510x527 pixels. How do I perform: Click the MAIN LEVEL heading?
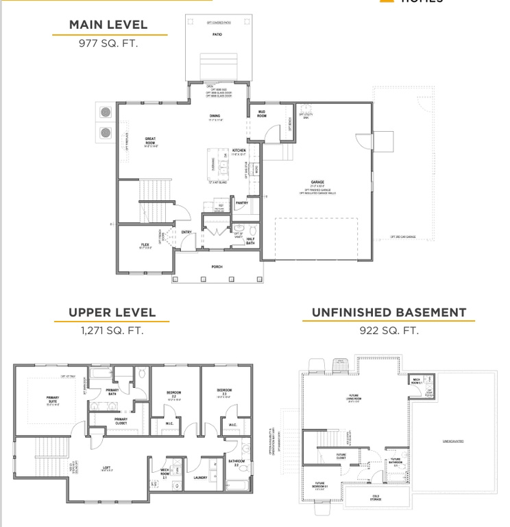pyautogui.click(x=108, y=25)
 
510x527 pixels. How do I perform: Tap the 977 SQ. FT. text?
pyautogui.click(x=108, y=43)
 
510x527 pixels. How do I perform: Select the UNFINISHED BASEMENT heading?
pyautogui.click(x=389, y=313)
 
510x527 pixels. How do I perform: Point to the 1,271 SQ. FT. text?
pyautogui.click(x=112, y=331)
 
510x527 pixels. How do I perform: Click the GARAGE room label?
pyautogui.click(x=317, y=183)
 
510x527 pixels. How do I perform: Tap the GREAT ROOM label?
pyautogui.click(x=150, y=141)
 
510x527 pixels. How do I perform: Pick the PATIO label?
pyautogui.click(x=217, y=33)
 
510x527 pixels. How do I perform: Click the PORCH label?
pyautogui.click(x=217, y=266)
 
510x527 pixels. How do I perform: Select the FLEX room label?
pyautogui.click(x=145, y=244)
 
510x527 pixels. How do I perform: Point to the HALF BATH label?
pyautogui.click(x=250, y=241)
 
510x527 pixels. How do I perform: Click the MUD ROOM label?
pyautogui.click(x=262, y=113)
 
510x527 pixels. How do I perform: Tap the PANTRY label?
pyautogui.click(x=241, y=202)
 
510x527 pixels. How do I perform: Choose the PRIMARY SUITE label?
pyautogui.click(x=53, y=399)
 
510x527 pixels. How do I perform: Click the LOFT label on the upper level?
pyautogui.click(x=107, y=468)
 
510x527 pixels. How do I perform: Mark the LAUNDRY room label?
pyautogui.click(x=201, y=478)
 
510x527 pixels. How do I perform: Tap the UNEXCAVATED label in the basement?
pyautogui.click(x=453, y=441)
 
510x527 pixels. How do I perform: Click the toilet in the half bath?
pyautogui.click(x=252, y=229)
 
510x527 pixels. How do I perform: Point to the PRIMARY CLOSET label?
pyautogui.click(x=121, y=420)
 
